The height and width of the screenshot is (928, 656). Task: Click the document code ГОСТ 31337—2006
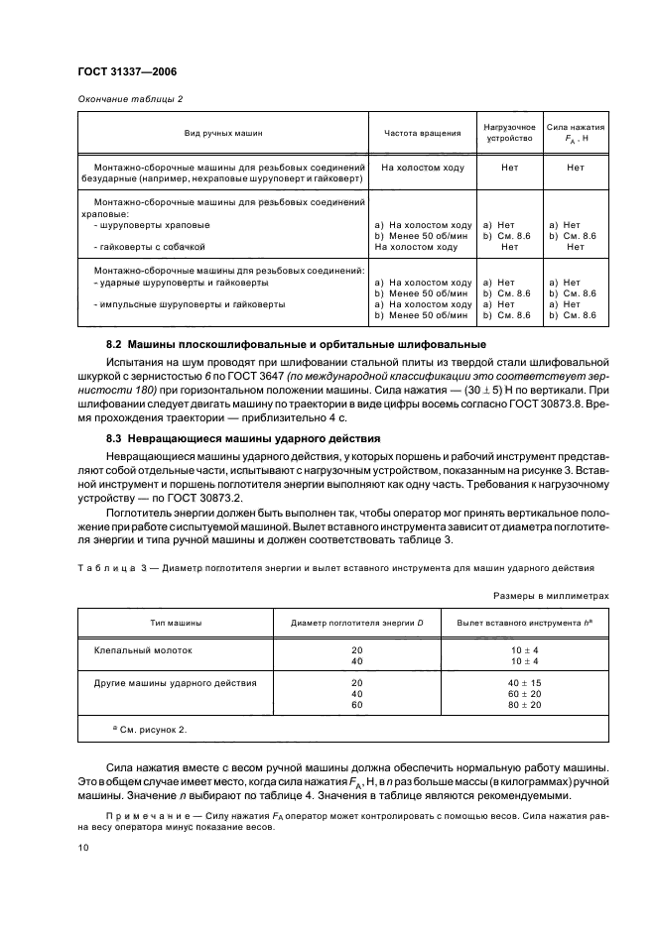click(127, 72)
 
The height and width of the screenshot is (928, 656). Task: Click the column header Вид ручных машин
click(222, 132)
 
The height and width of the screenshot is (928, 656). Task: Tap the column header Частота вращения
click(422, 132)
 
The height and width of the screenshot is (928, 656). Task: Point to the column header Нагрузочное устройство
click(508, 132)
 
